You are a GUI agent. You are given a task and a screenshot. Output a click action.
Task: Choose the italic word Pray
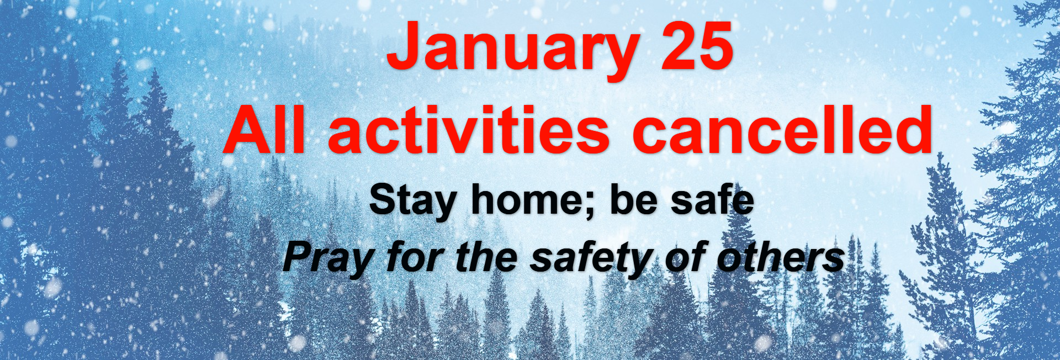[329, 259]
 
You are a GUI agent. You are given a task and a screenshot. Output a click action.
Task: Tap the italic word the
[486, 257]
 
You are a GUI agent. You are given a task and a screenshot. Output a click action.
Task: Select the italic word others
[781, 257]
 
